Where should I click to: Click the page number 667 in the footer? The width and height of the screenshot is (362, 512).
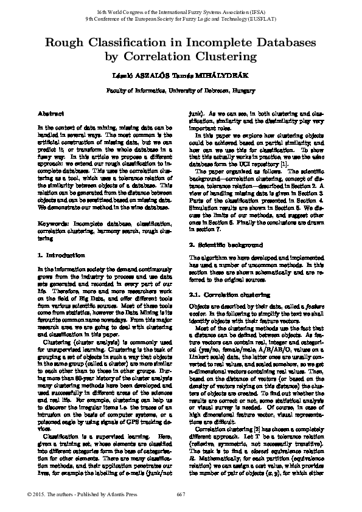click(181, 493)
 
